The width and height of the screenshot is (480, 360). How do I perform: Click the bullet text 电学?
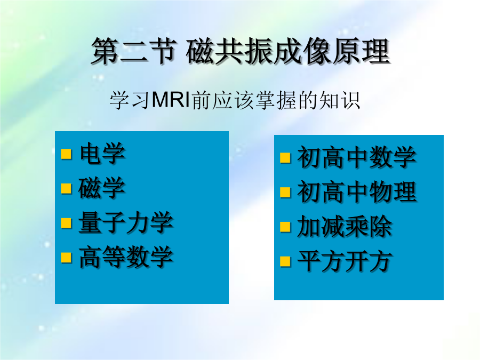pyautogui.click(x=102, y=153)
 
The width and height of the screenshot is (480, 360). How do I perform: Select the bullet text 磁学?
pyautogui.click(x=102, y=188)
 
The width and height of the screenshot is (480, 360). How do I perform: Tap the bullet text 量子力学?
pyautogui.click(x=126, y=222)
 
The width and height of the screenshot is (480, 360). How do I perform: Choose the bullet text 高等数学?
pyautogui.click(x=126, y=257)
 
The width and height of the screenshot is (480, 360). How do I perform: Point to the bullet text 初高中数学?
pyautogui.click(x=357, y=157)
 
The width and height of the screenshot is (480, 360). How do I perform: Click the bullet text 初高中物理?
pyautogui.click(x=357, y=192)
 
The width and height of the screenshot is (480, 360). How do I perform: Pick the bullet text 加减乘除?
pyautogui.click(x=345, y=227)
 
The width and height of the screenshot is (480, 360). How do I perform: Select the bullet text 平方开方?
pyautogui.click(x=345, y=261)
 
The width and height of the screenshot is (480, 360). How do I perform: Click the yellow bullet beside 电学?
pyautogui.click(x=66, y=154)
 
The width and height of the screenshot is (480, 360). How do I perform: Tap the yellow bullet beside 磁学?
pyautogui.click(x=66, y=189)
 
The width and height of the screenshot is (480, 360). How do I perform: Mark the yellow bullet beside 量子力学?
pyautogui.click(x=66, y=223)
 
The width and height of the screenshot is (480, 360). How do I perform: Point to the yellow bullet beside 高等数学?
pyautogui.click(x=66, y=258)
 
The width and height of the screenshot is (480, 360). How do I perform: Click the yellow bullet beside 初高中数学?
pyautogui.click(x=285, y=158)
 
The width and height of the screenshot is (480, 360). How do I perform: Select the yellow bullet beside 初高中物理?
pyautogui.click(x=285, y=193)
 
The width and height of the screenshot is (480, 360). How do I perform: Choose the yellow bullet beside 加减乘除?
pyautogui.click(x=285, y=227)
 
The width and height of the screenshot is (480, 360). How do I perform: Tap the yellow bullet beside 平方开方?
pyautogui.click(x=285, y=262)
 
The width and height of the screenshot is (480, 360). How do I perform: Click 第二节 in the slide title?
pyautogui.click(x=134, y=51)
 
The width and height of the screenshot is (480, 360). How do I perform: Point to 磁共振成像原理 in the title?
pyautogui.click(x=288, y=51)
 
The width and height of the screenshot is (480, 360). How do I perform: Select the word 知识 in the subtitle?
pyautogui.click(x=340, y=100)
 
